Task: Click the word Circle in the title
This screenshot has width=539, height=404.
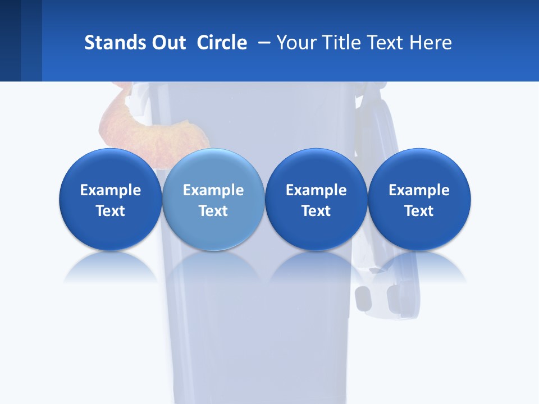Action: click(x=222, y=42)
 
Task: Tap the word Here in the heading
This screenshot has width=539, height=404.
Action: click(x=432, y=42)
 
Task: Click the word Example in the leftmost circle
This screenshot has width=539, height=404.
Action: click(x=111, y=190)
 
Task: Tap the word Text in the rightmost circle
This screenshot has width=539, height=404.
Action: click(x=419, y=211)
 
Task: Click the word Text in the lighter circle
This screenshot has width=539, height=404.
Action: click(x=213, y=211)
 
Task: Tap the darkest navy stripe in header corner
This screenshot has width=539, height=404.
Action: click(x=10, y=40)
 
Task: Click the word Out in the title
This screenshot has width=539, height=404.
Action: click(x=167, y=42)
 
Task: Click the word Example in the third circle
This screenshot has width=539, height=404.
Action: click(x=316, y=190)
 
